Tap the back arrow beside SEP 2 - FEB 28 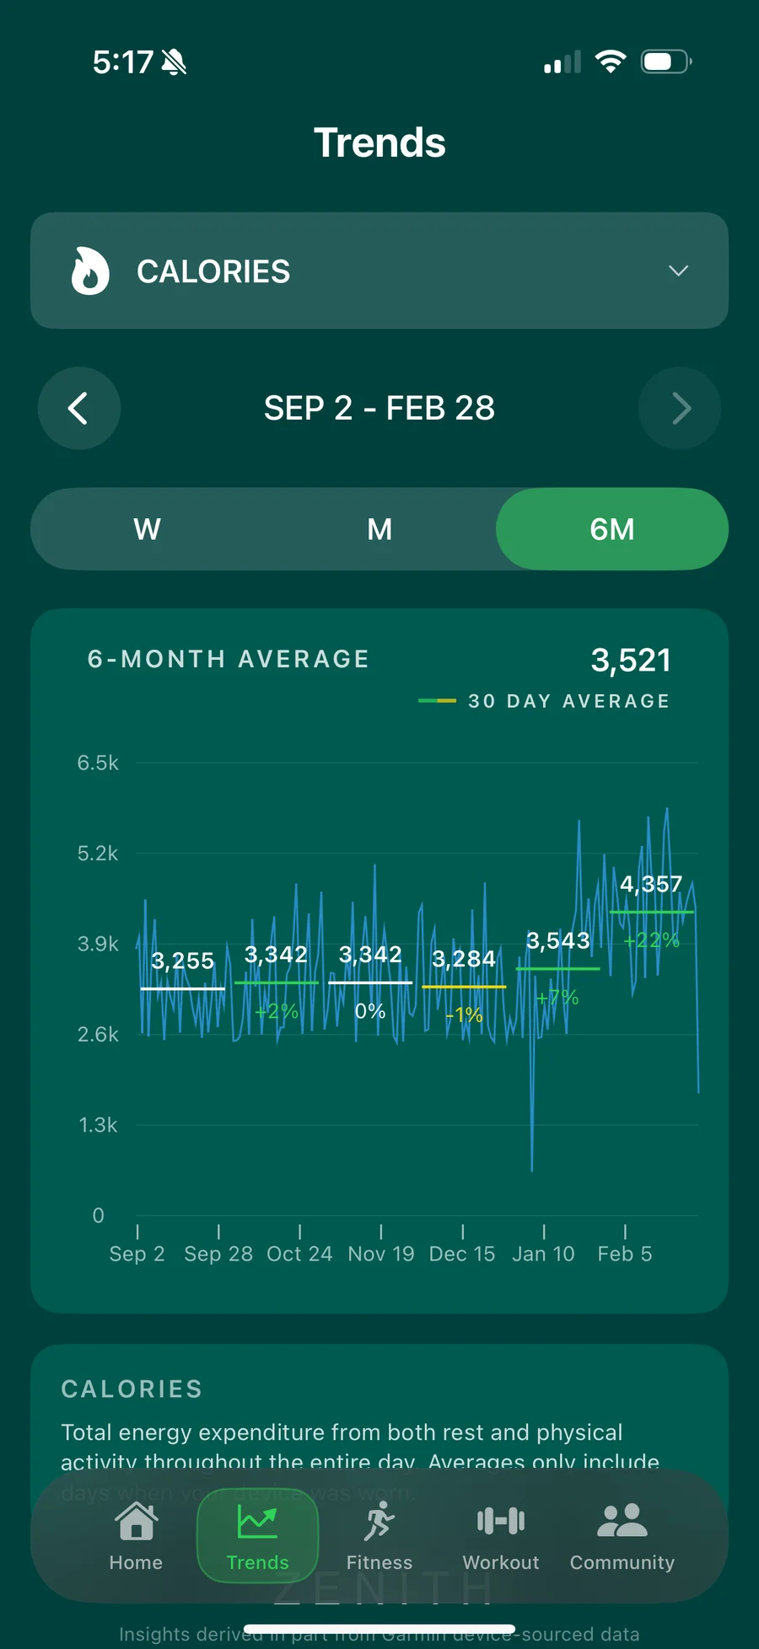pos(78,409)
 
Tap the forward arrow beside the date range pos(680,409)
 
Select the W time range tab pos(147,529)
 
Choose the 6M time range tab pos(611,529)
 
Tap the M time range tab pos(379,529)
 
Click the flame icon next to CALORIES pos(90,271)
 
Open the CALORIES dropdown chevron pos(678,270)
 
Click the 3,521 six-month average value pos(631,661)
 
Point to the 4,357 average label pos(650,884)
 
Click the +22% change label pos(651,940)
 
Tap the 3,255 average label pos(182,961)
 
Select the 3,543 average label pos(557,940)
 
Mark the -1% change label pos(464,1015)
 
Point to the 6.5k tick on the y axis pos(98,763)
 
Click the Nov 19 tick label pos(381,1254)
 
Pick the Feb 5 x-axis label pos(624,1254)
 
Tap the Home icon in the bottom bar pos(136,1522)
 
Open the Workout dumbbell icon pos(501,1521)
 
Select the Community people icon pos(622,1521)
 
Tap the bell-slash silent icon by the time pos(174,62)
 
